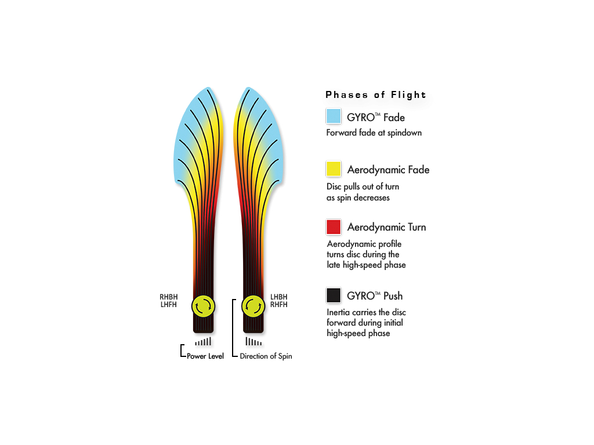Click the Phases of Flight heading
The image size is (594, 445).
(x=376, y=94)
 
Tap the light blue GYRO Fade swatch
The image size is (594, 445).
(x=334, y=116)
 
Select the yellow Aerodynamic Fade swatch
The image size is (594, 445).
(x=334, y=169)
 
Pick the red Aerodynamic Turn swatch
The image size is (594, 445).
(x=334, y=227)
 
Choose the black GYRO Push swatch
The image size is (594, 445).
(x=334, y=295)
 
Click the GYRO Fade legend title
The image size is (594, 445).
(x=376, y=117)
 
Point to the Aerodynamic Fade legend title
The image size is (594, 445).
(x=388, y=170)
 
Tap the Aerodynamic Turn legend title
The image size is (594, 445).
(x=386, y=227)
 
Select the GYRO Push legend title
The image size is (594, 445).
(x=375, y=296)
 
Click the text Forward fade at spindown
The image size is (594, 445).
(x=374, y=133)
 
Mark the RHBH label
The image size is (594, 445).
(x=169, y=297)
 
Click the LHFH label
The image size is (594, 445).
(x=169, y=305)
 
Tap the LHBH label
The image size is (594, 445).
(x=279, y=297)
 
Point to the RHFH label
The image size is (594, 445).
(x=279, y=305)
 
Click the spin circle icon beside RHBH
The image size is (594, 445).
(x=204, y=306)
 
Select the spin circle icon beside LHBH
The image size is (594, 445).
(x=253, y=306)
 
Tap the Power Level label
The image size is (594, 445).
(x=205, y=356)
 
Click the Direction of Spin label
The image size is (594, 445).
(x=266, y=356)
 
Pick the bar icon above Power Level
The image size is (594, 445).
(x=203, y=341)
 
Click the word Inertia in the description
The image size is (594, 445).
(x=339, y=312)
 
